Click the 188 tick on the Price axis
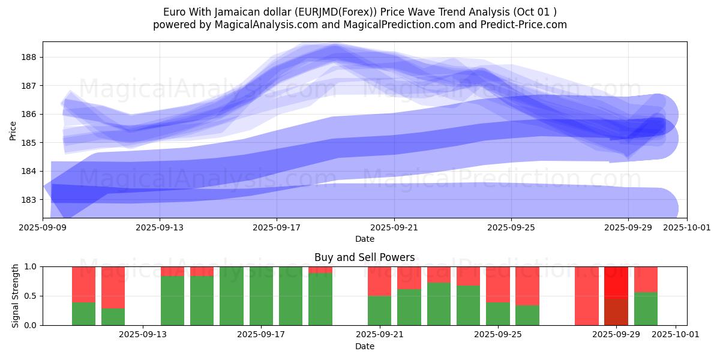[31, 57]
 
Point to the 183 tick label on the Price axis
[31, 200]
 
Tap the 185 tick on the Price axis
[31, 143]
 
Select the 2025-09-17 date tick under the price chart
[277, 227]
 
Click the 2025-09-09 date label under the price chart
[43, 227]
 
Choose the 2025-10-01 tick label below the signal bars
[676, 335]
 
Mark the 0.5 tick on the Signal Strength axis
[31, 296]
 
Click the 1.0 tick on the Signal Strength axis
[31, 266]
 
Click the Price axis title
[13, 130]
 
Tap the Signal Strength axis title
[16, 296]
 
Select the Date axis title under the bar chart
[364, 346]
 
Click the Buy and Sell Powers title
[364, 257]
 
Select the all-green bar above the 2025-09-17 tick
[262, 296]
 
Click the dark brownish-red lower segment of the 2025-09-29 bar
[616, 311]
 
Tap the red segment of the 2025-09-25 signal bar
[498, 284]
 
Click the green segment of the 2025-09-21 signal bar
[379, 310]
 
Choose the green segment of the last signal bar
[646, 308]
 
